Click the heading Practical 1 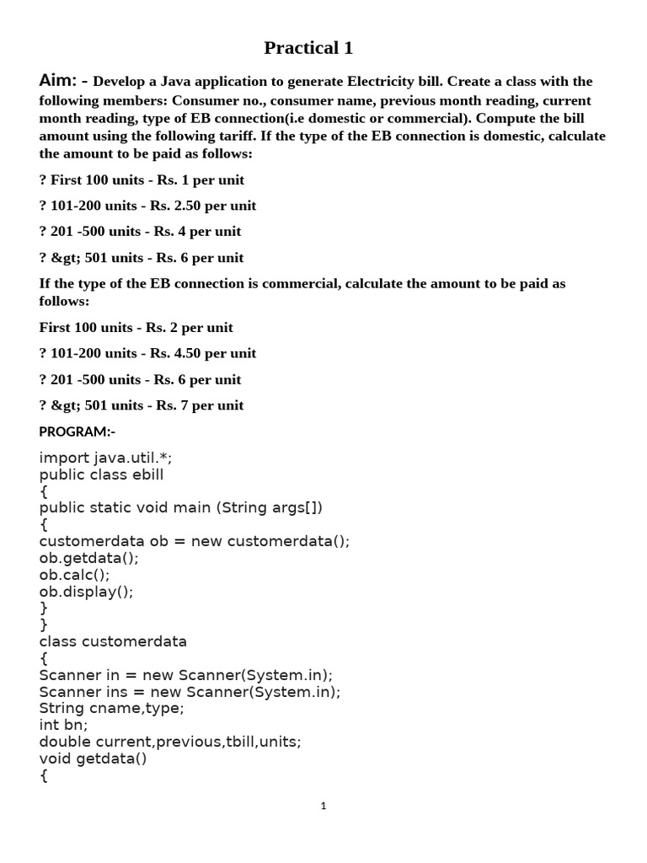point(308,48)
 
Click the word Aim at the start point(58,81)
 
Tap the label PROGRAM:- point(78,431)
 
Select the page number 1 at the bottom point(323,806)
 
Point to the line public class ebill point(101,474)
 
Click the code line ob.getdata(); point(88,558)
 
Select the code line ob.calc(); point(74,575)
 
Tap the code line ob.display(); point(86,592)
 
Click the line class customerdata point(113,641)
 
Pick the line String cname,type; point(111,708)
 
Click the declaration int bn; point(63,725)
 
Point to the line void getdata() point(93,758)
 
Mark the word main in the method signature point(195,507)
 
